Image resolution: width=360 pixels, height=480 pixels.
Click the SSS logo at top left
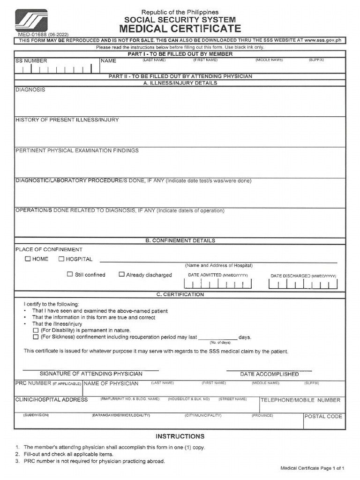[31, 20]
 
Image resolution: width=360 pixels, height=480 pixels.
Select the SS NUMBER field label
[31, 61]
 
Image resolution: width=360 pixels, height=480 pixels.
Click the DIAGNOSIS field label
[30, 90]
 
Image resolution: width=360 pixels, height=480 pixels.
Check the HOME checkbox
[28, 259]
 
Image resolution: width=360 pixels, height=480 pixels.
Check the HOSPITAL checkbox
[61, 259]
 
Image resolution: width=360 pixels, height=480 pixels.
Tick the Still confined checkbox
[70, 275]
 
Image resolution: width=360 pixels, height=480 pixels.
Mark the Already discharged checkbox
[121, 275]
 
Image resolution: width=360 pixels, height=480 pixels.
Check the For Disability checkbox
[36, 330]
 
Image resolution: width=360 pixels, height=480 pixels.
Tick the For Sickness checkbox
[36, 337]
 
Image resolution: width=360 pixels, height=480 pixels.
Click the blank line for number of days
[217, 338]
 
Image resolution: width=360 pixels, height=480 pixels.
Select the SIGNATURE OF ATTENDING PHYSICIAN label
[91, 374]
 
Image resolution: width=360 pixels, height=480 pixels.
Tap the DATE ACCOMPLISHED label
[269, 374]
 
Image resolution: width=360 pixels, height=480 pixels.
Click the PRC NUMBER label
[33, 383]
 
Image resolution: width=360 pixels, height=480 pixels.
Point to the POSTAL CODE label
[323, 416]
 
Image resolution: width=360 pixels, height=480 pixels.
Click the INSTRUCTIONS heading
[180, 436]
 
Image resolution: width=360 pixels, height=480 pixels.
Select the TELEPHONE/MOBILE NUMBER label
[300, 400]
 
